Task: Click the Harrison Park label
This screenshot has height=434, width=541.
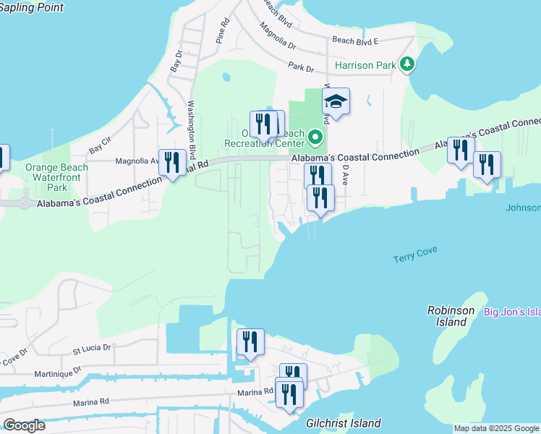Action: [365, 65]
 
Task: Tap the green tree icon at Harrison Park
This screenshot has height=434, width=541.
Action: [408, 65]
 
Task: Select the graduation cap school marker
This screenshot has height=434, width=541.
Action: [336, 102]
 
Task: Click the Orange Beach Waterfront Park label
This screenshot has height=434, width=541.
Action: [57, 177]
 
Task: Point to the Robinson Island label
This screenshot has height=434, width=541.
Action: [451, 316]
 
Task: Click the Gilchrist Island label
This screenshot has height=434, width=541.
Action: [344, 423]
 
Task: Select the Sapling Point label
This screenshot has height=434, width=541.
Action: [32, 8]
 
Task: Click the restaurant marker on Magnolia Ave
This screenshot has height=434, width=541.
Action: [172, 162]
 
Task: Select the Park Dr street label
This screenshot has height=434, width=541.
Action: [300, 68]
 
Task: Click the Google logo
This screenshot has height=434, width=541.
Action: [24, 425]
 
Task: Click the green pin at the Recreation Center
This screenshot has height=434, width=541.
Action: [315, 137]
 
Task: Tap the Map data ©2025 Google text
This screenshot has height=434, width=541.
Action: [496, 428]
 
